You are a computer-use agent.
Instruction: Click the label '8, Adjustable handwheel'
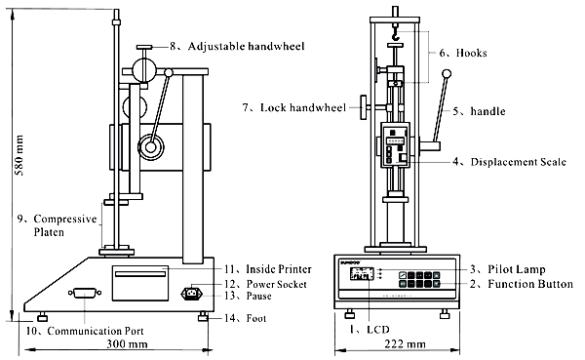coord(237,46)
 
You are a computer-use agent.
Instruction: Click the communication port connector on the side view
coord(82,292)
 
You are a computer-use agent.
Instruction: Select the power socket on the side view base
coord(192,291)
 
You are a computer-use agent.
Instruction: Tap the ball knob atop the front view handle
coord(448,73)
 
